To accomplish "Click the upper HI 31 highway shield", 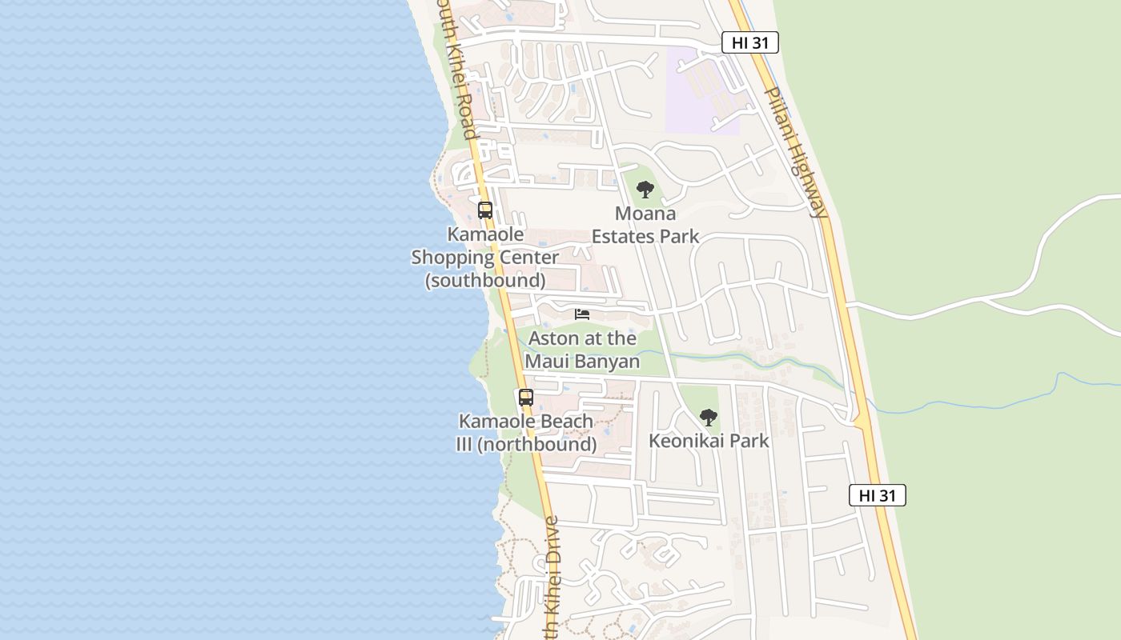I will pyautogui.click(x=749, y=42).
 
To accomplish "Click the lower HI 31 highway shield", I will pyautogui.click(x=877, y=495).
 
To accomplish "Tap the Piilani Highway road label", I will pyautogui.click(x=794, y=152).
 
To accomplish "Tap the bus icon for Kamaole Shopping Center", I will pyautogui.click(x=485, y=210).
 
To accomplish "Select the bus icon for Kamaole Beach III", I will pyautogui.click(x=525, y=397).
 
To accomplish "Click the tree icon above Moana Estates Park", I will pyautogui.click(x=645, y=190).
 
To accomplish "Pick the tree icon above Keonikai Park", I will pyautogui.click(x=708, y=417).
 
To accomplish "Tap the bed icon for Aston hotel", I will pyautogui.click(x=582, y=314).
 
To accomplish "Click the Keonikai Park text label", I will pyautogui.click(x=709, y=441).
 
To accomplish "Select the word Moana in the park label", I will pyautogui.click(x=645, y=214).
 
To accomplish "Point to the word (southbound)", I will pyautogui.click(x=485, y=281).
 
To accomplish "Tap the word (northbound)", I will pyautogui.click(x=536, y=445).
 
